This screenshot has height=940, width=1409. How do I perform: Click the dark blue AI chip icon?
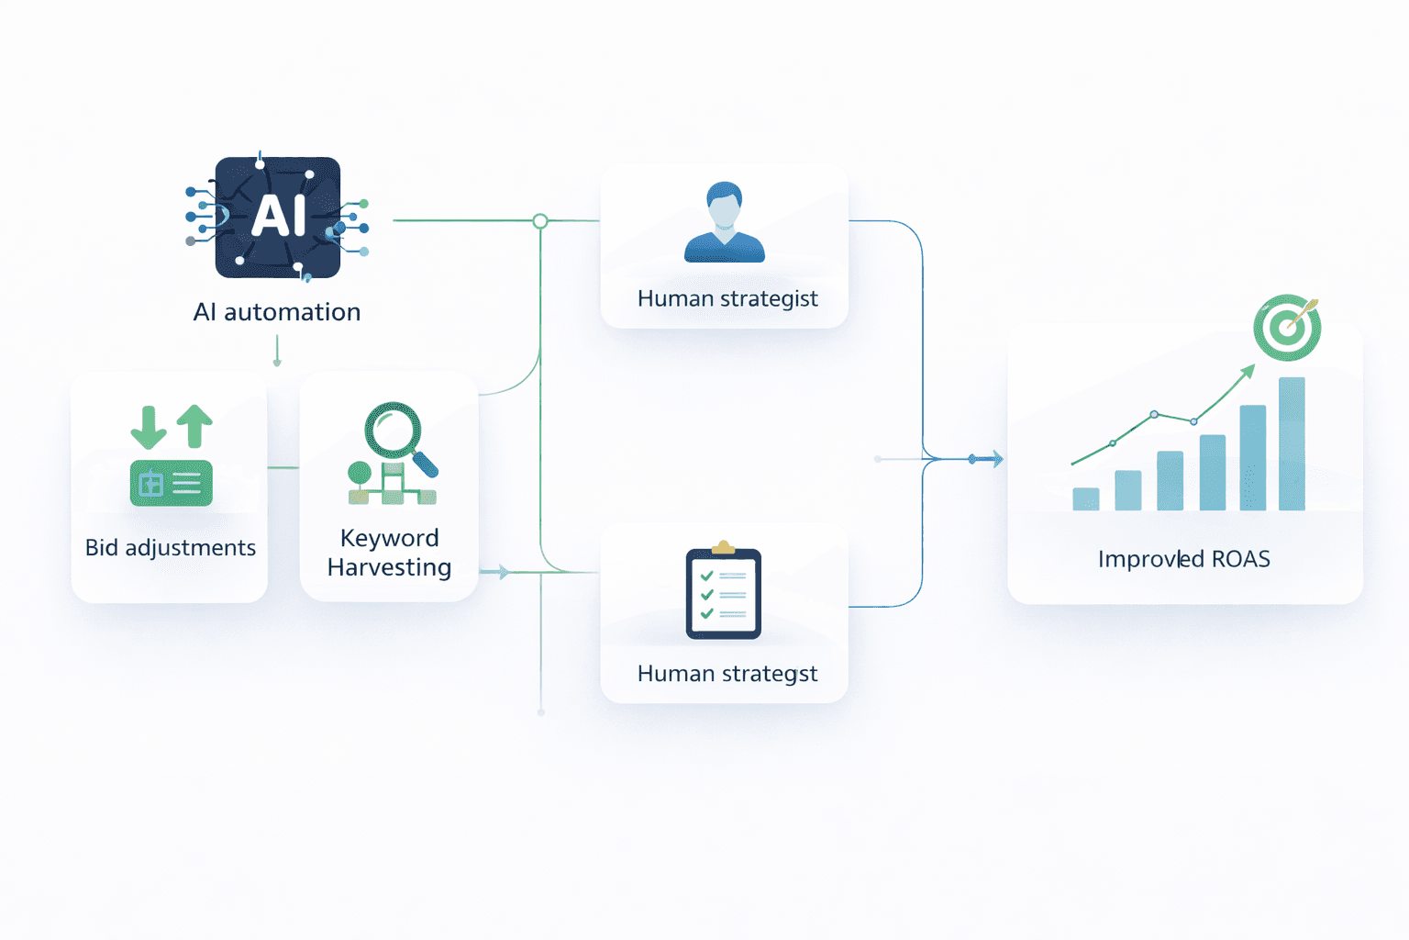tap(277, 218)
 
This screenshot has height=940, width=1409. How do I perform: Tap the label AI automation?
tap(277, 312)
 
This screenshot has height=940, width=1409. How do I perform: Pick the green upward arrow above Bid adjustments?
tap(194, 425)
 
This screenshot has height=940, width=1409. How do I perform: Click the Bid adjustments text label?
tap(171, 548)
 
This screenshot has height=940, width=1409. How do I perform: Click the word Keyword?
tap(389, 538)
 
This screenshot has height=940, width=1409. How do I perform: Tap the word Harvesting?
tap(389, 567)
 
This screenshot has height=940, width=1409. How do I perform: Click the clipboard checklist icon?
tap(724, 592)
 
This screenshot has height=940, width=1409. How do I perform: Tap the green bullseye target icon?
tap(1287, 328)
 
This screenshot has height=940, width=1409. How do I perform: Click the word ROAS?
tap(1240, 559)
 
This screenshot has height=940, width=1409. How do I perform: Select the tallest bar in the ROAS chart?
tap(1292, 443)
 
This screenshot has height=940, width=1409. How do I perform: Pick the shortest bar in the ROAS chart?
tap(1086, 498)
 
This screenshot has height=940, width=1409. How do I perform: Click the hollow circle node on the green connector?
tap(540, 221)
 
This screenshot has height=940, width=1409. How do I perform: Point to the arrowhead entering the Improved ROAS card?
tap(996, 459)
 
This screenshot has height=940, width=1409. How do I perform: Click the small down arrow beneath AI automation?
tap(277, 361)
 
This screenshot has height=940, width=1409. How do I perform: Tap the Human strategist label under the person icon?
tap(727, 298)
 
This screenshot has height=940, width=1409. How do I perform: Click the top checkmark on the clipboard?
tap(707, 576)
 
